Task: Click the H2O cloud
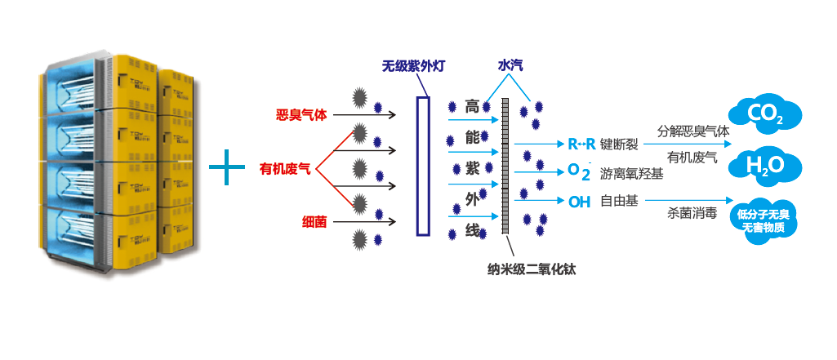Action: (x=765, y=165)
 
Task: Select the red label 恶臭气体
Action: (x=301, y=115)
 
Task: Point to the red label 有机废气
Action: (x=285, y=169)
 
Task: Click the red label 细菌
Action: (x=314, y=220)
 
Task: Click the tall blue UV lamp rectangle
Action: (x=422, y=166)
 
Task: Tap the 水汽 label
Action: (x=511, y=65)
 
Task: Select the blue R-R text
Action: (x=581, y=144)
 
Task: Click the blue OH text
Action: (x=579, y=202)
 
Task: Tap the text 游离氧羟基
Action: (x=631, y=173)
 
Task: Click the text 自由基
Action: (x=619, y=201)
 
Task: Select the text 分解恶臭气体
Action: (x=693, y=131)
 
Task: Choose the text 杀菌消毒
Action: (x=692, y=214)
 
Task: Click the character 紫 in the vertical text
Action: (x=472, y=168)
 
